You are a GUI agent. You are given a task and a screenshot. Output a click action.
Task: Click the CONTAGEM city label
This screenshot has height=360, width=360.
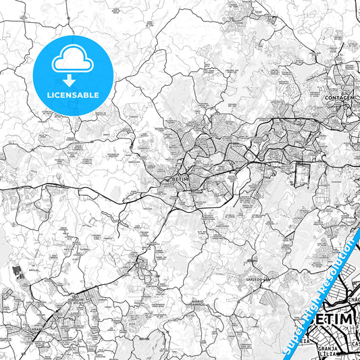coord(341,98)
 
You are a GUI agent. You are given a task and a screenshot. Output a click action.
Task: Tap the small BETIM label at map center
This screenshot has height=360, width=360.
coord(179,179)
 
